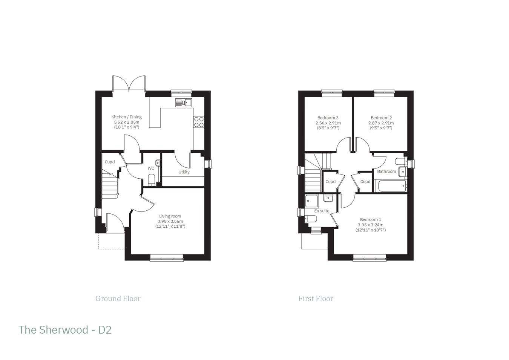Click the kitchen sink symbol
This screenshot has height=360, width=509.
(x=184, y=103)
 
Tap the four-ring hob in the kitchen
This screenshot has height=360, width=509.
(x=199, y=122)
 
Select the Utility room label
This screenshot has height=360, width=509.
(x=184, y=172)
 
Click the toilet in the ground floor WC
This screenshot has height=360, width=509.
(x=151, y=179)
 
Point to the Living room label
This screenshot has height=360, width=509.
(x=170, y=216)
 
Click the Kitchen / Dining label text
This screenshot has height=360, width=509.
(x=126, y=117)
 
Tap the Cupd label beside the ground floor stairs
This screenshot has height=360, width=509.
(x=110, y=162)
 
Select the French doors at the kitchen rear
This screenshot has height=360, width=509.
(x=129, y=84)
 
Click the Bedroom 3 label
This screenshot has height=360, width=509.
(x=328, y=118)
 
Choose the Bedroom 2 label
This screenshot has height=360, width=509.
(x=381, y=118)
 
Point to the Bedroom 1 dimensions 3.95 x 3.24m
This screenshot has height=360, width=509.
(x=370, y=225)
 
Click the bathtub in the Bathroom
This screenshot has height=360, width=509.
(x=391, y=185)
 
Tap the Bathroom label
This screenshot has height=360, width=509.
(x=386, y=172)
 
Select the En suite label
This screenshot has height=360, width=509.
(x=322, y=211)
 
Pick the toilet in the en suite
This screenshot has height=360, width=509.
(x=310, y=219)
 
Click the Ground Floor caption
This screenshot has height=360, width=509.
(x=118, y=299)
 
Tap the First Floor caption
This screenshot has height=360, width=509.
(x=316, y=299)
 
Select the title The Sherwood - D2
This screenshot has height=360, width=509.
(x=65, y=330)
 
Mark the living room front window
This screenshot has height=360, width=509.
(x=167, y=258)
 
